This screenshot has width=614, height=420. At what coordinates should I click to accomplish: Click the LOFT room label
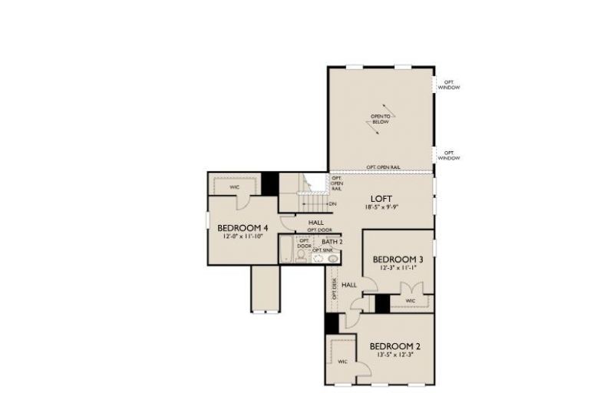pyautogui.click(x=381, y=197)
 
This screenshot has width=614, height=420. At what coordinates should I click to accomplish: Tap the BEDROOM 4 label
pyautogui.click(x=243, y=228)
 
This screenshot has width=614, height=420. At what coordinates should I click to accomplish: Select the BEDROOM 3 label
pyautogui.click(x=397, y=259)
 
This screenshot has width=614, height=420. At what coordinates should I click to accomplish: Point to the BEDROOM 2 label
pyautogui.click(x=394, y=346)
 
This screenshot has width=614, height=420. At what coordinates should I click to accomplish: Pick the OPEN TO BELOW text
pyautogui.click(x=381, y=120)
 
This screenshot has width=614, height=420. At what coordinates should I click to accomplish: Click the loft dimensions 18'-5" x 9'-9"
pyautogui.click(x=381, y=207)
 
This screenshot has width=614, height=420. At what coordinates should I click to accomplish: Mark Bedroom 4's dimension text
pyautogui.click(x=243, y=238)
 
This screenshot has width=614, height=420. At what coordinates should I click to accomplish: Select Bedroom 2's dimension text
pyautogui.click(x=394, y=356)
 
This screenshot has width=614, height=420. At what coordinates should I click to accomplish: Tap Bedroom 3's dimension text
pyautogui.click(x=397, y=269)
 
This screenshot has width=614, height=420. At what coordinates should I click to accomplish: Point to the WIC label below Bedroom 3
pyautogui.click(x=410, y=300)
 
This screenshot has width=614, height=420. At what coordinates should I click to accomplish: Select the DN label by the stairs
pyautogui.click(x=332, y=203)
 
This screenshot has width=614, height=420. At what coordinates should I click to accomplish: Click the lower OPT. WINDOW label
pyautogui.click(x=449, y=155)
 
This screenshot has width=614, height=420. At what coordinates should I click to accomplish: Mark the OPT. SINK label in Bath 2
pyautogui.click(x=322, y=251)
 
